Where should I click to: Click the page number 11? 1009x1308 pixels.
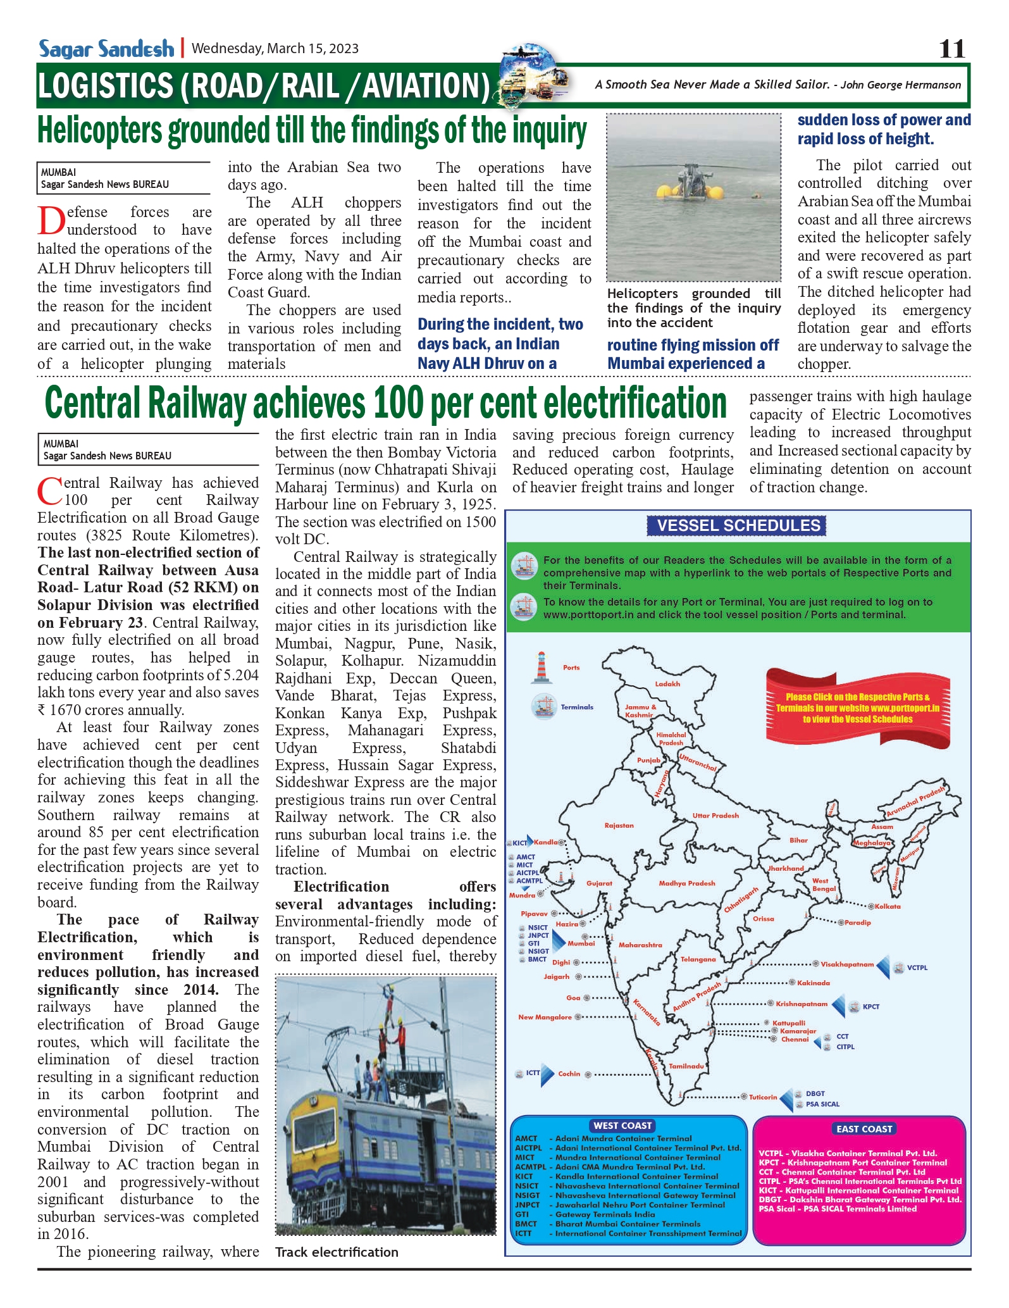[x=952, y=49]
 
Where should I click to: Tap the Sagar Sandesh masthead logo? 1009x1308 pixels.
[x=106, y=49]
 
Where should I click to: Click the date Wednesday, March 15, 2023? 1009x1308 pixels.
[x=275, y=49]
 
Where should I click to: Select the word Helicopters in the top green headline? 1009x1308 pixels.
[x=102, y=132]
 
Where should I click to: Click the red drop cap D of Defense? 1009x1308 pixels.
[x=51, y=221]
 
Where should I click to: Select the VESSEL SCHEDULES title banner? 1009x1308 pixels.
[x=738, y=525]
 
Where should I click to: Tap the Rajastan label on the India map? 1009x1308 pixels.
[x=619, y=826]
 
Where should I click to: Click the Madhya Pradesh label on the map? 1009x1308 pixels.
[x=686, y=883]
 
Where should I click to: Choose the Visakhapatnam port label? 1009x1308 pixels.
[x=847, y=964]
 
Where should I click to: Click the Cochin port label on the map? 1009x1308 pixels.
[x=569, y=1074]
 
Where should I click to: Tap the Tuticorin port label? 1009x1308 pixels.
[x=763, y=1097]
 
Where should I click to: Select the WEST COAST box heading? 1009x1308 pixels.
[x=622, y=1126]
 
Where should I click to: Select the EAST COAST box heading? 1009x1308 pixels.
[x=864, y=1129]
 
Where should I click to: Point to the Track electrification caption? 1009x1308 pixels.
[x=337, y=1252]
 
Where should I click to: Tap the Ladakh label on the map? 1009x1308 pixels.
[x=667, y=684]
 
